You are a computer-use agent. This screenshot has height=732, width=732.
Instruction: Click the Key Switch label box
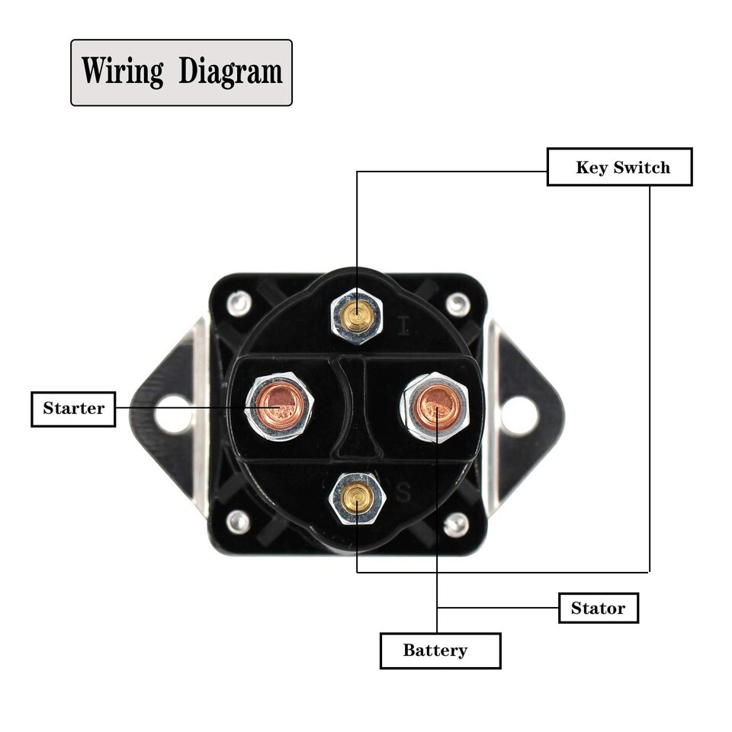(619, 167)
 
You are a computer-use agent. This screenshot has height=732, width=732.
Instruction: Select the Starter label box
(73, 408)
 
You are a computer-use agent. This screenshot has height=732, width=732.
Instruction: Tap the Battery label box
(440, 650)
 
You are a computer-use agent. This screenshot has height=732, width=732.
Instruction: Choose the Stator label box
(598, 608)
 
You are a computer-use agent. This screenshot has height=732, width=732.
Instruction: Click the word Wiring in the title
(122, 72)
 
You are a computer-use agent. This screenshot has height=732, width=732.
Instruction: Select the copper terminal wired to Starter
(279, 404)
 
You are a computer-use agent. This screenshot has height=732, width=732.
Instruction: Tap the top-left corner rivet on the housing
(239, 303)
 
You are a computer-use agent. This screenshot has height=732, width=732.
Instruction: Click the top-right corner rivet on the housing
(456, 304)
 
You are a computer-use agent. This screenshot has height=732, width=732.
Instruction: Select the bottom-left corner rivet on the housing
(239, 522)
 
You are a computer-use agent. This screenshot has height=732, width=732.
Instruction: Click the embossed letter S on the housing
(403, 493)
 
